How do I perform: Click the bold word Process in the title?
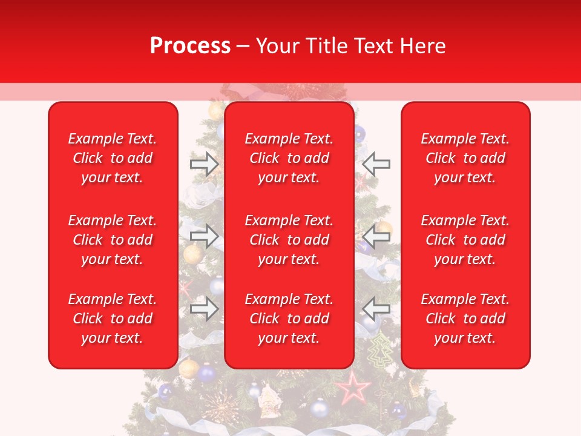(x=190, y=46)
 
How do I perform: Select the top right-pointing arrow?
(x=204, y=164)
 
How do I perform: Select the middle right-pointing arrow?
(x=204, y=237)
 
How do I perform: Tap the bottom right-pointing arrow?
(x=204, y=309)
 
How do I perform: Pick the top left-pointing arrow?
(x=376, y=164)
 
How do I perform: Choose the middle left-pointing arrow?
(x=376, y=237)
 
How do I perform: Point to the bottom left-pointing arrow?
(x=376, y=309)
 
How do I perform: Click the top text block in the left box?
(x=113, y=158)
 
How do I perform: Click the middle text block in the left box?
(x=113, y=240)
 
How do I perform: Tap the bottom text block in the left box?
(x=113, y=319)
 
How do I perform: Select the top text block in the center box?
(x=289, y=158)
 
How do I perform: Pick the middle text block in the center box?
(x=289, y=240)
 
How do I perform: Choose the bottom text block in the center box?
(x=289, y=319)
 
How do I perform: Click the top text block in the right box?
(x=465, y=158)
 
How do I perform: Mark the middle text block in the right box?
(x=465, y=240)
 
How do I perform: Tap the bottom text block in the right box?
(x=465, y=319)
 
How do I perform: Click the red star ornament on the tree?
(x=353, y=388)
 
